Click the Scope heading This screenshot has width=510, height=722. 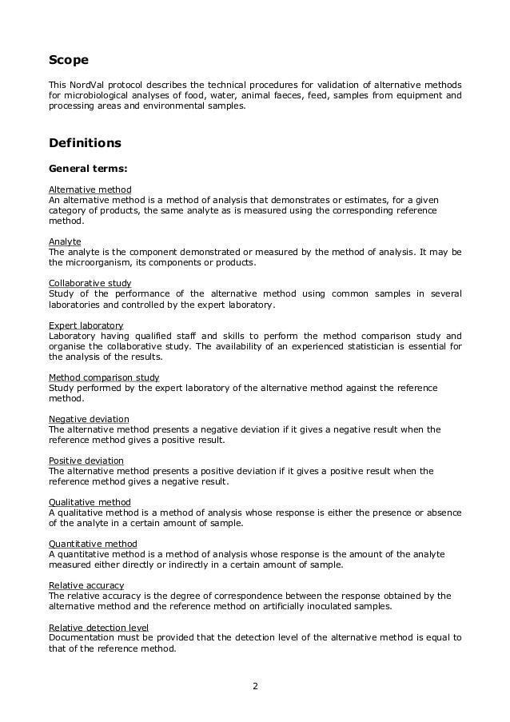(x=69, y=60)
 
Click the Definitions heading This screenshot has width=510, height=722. (x=86, y=143)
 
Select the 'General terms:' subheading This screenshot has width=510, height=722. (x=89, y=169)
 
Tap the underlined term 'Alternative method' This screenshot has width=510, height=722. (x=90, y=189)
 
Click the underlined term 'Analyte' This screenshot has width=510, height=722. (x=65, y=241)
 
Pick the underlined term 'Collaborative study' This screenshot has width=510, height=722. (x=90, y=283)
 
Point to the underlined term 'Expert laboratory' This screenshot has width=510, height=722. (x=86, y=325)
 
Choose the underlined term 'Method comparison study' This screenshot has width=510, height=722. (x=104, y=377)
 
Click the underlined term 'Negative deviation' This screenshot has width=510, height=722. (x=89, y=419)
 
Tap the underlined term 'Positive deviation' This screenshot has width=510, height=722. (x=86, y=461)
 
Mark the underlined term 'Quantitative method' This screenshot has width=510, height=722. (x=93, y=544)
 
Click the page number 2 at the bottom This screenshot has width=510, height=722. (x=255, y=685)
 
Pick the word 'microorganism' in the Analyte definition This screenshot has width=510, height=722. (x=98, y=262)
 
